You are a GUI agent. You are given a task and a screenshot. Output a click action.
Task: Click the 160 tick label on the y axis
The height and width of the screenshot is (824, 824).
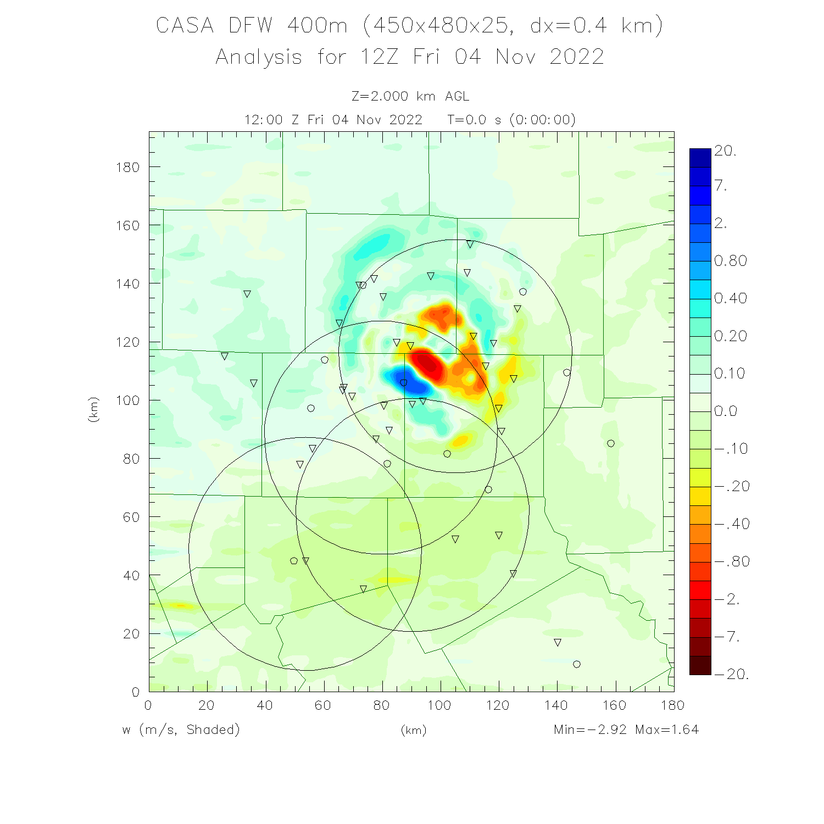tap(127, 225)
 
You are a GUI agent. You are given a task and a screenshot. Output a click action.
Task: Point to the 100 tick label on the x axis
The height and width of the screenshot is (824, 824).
tap(439, 705)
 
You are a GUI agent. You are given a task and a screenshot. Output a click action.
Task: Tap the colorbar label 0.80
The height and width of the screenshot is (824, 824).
tap(731, 261)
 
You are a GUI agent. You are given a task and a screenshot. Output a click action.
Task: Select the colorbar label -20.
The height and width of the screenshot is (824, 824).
tap(732, 674)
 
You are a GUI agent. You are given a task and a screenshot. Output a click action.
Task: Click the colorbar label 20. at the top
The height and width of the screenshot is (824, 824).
tap(725, 151)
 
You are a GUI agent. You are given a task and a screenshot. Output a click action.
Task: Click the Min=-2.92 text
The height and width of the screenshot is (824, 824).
tap(590, 730)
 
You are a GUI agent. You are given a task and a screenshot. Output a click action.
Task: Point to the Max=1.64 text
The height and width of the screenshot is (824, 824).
tap(667, 730)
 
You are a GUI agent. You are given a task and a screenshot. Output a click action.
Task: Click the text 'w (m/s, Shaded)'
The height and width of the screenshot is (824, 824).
tap(181, 730)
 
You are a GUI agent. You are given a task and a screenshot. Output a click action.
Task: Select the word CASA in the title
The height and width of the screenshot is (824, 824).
tap(185, 26)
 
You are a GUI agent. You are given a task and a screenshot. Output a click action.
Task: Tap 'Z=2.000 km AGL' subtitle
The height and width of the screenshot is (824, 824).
tap(410, 97)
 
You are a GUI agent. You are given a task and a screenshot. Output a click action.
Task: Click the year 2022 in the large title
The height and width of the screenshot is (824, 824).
tap(577, 57)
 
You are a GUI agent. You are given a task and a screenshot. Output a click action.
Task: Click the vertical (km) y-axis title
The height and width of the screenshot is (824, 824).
tap(93, 409)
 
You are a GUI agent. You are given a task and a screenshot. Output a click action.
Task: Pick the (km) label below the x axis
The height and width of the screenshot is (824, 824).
tap(413, 730)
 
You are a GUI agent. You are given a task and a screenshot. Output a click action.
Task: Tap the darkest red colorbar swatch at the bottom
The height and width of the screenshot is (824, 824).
tap(700, 665)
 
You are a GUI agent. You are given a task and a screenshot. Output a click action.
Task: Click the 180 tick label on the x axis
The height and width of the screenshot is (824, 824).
tap(672, 705)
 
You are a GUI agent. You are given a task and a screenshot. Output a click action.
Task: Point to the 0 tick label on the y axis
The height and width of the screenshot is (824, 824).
tap(135, 692)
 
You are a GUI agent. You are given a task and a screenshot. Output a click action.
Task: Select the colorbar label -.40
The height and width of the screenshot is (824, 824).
tap(732, 524)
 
